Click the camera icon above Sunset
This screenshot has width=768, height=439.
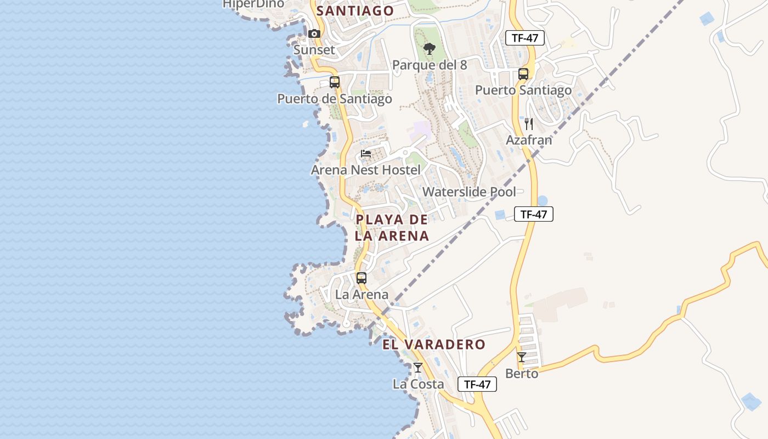click(314, 34)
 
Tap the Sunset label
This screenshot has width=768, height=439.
click(314, 50)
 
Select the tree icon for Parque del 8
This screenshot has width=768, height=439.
click(430, 49)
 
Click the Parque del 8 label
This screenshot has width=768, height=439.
click(430, 65)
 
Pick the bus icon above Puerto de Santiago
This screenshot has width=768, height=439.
click(335, 82)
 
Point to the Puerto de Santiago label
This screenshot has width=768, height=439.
click(335, 99)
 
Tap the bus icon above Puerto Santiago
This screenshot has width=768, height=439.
click(523, 74)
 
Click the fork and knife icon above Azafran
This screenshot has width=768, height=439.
click(529, 123)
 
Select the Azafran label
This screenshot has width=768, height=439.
click(529, 140)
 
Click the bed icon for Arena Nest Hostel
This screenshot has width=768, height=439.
click(366, 154)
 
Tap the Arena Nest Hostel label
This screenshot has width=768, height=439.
click(366, 170)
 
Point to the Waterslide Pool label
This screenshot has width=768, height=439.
click(469, 192)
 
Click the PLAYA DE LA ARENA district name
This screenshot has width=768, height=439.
click(392, 228)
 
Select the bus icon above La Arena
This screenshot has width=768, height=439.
click(362, 278)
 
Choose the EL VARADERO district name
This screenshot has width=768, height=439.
click(434, 345)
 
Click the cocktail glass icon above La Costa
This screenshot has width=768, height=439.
click(418, 368)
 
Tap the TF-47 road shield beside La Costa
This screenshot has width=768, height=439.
click(477, 384)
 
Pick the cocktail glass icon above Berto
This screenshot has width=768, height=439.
click(522, 357)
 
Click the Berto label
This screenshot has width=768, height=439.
click(522, 374)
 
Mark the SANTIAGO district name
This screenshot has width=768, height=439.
click(355, 10)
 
